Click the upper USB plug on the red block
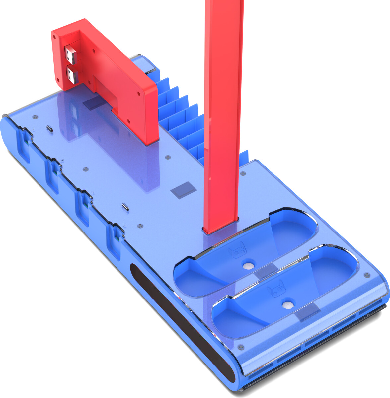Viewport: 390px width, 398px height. (71, 55)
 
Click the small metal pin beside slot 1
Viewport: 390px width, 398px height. (50, 128)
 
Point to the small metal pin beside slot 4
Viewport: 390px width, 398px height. (125, 206)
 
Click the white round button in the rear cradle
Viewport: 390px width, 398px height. (247, 266)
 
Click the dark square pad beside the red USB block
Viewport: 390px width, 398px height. (92, 104)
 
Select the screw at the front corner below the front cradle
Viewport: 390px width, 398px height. (241, 347)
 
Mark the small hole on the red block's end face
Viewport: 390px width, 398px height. (58, 80)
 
